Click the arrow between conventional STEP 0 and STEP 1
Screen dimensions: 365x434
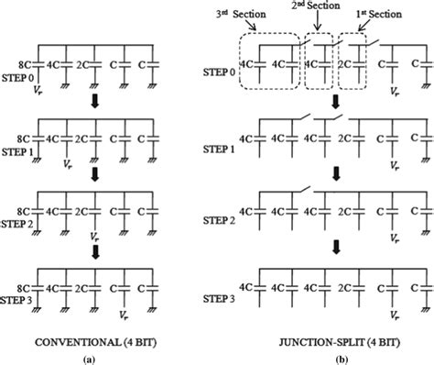(x=94, y=99)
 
